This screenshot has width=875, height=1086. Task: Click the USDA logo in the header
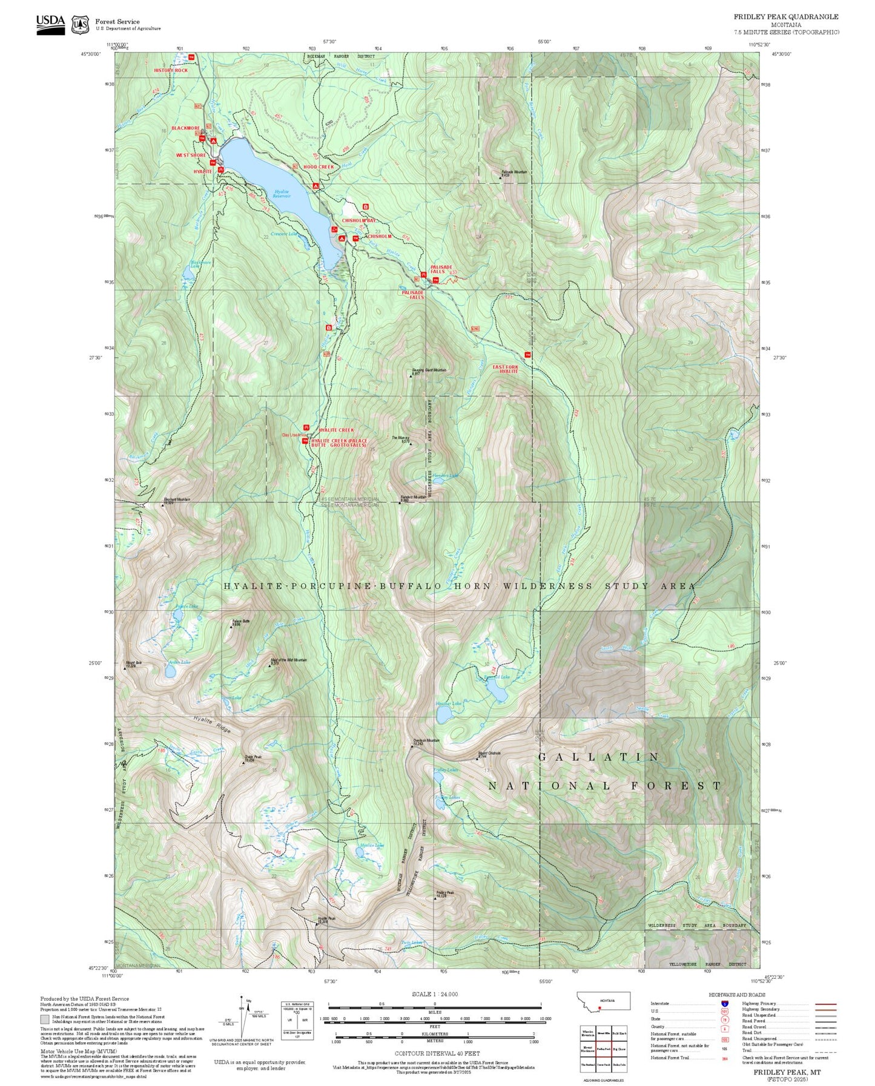pyautogui.click(x=50, y=24)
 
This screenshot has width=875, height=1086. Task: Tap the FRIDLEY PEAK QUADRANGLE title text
pyautogui.click(x=786, y=17)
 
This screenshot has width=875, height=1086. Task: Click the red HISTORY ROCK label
pyautogui.click(x=171, y=70)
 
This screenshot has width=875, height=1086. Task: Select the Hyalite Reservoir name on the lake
pyautogui.click(x=281, y=194)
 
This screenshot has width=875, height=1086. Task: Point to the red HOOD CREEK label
pyautogui.click(x=319, y=166)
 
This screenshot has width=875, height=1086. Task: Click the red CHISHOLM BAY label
pyautogui.click(x=358, y=220)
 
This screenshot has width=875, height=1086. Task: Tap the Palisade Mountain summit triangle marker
pyautogui.click(x=500, y=177)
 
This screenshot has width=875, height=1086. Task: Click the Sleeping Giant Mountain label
pyautogui.click(x=429, y=370)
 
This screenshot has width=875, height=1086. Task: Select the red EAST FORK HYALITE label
pyautogui.click(x=506, y=369)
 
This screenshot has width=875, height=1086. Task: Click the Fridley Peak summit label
pyautogui.click(x=444, y=893)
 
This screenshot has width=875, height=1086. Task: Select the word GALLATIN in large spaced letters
pyautogui.click(x=598, y=757)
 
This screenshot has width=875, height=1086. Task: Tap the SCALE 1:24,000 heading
pyautogui.click(x=435, y=994)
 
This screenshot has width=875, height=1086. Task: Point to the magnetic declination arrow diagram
pyautogui.click(x=243, y=1018)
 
